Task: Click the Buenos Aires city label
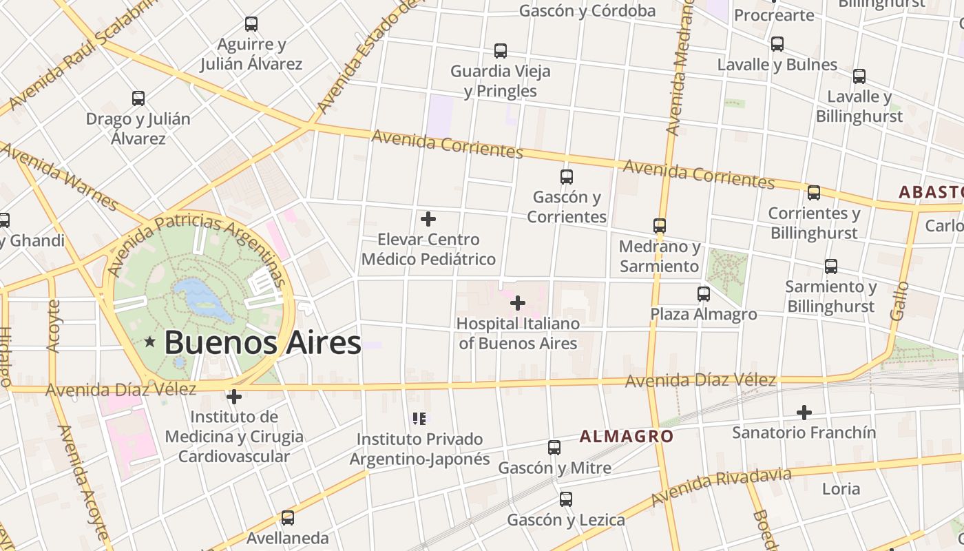[x=262, y=342]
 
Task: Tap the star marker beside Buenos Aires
[x=149, y=342]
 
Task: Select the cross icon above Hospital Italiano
[x=518, y=302]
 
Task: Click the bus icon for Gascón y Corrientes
[x=567, y=177]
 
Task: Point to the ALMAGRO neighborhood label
[x=626, y=436]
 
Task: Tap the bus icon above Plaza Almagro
[x=704, y=294]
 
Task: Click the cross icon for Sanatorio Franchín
[x=804, y=413]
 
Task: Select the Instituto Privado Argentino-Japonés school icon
[x=419, y=418]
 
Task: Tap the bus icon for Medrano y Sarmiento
[x=660, y=226]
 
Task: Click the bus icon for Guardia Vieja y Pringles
[x=501, y=51]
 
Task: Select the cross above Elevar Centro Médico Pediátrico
[x=428, y=219]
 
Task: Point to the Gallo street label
[x=899, y=301]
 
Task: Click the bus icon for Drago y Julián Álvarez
[x=138, y=98]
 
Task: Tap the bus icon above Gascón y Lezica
[x=566, y=499]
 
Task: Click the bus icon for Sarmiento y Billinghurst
[x=831, y=267]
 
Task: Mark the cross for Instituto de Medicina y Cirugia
[x=234, y=397]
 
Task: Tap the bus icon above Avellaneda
[x=288, y=517]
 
